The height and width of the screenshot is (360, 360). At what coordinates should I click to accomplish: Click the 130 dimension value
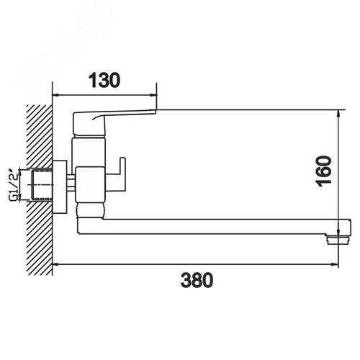(104, 80)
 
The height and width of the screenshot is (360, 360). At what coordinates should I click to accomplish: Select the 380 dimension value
(197, 280)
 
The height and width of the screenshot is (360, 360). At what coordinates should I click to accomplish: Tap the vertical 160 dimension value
(325, 171)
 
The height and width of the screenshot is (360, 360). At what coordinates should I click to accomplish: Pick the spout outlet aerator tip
(338, 240)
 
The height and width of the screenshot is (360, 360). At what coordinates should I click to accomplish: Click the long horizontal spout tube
(214, 226)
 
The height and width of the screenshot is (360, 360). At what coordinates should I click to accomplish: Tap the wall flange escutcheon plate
(60, 187)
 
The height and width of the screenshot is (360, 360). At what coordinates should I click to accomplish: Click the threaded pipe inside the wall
(42, 185)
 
